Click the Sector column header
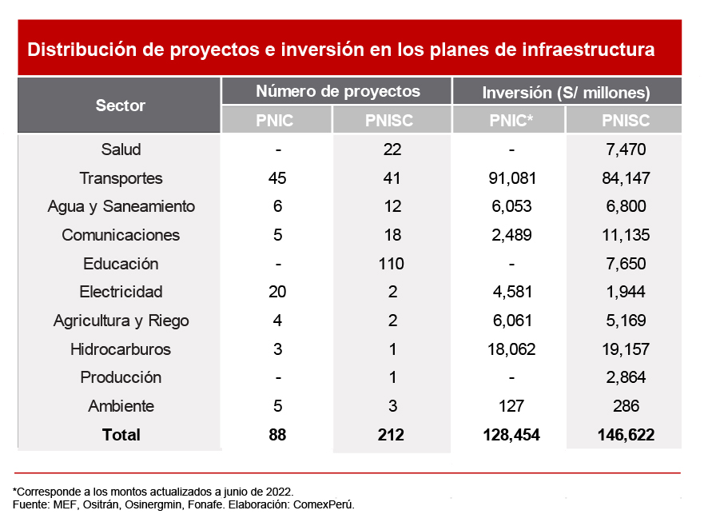(120, 106)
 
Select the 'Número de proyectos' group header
(337, 91)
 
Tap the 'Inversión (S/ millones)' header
(566, 92)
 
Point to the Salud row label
(121, 149)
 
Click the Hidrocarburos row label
(121, 349)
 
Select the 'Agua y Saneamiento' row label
(121, 206)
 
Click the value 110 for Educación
(392, 264)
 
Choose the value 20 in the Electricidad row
(277, 292)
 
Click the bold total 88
(277, 435)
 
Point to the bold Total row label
(121, 435)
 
